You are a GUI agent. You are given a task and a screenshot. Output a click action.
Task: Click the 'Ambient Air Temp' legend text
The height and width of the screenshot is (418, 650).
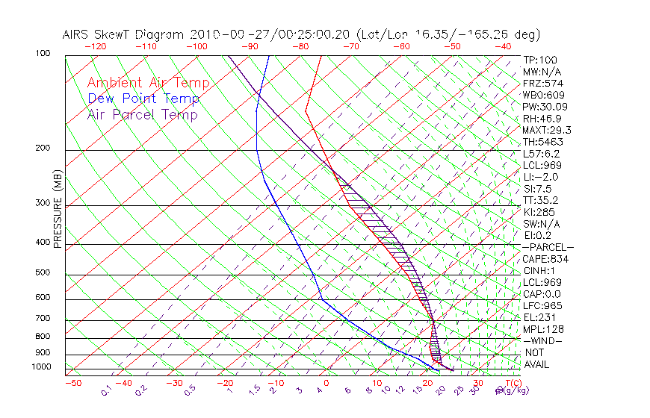[x=148, y=83]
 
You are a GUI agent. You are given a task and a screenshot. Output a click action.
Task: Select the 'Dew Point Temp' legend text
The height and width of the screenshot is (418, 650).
[x=143, y=99]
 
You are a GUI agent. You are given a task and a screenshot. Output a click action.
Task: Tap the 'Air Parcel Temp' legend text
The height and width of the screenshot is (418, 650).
[x=143, y=114]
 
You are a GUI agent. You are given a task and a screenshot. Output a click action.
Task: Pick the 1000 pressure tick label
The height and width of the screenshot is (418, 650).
[x=42, y=367]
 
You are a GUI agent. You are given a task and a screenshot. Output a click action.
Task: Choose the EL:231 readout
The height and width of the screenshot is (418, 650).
[x=540, y=317]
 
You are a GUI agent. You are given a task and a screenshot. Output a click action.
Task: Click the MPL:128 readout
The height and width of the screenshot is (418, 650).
[x=543, y=329]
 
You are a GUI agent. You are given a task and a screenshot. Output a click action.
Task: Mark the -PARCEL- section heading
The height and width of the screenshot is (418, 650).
[x=548, y=247]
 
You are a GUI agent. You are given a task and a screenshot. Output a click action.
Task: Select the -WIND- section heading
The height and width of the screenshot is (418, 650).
[x=543, y=340]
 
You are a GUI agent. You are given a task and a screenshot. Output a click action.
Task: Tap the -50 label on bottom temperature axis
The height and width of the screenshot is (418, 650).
[x=72, y=383]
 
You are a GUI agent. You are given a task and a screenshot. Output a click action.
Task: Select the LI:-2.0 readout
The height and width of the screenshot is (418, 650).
[x=540, y=177]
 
